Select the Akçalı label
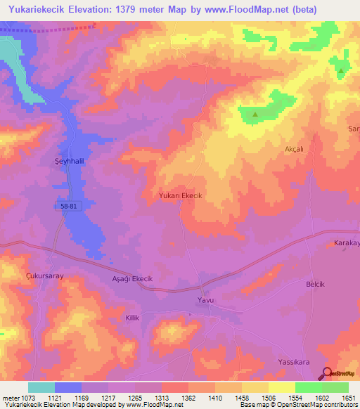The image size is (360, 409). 293,149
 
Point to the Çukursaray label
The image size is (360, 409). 44,276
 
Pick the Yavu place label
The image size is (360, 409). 204,301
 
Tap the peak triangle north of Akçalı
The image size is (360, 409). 255,114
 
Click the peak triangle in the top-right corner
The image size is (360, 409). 341,71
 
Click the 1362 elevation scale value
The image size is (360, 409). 188,398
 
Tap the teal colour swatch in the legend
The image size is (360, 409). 41,387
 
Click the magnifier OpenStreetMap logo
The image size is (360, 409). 327,374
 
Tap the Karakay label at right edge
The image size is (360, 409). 346,243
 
